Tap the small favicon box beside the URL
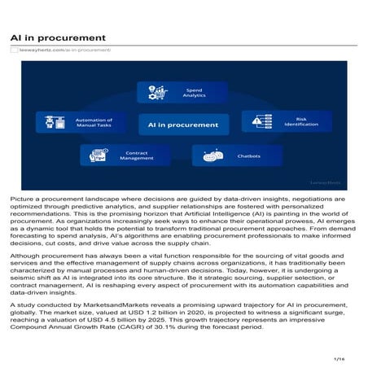13,50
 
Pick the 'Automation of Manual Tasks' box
76,123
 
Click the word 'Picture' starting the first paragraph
22,199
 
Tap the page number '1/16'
340,357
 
